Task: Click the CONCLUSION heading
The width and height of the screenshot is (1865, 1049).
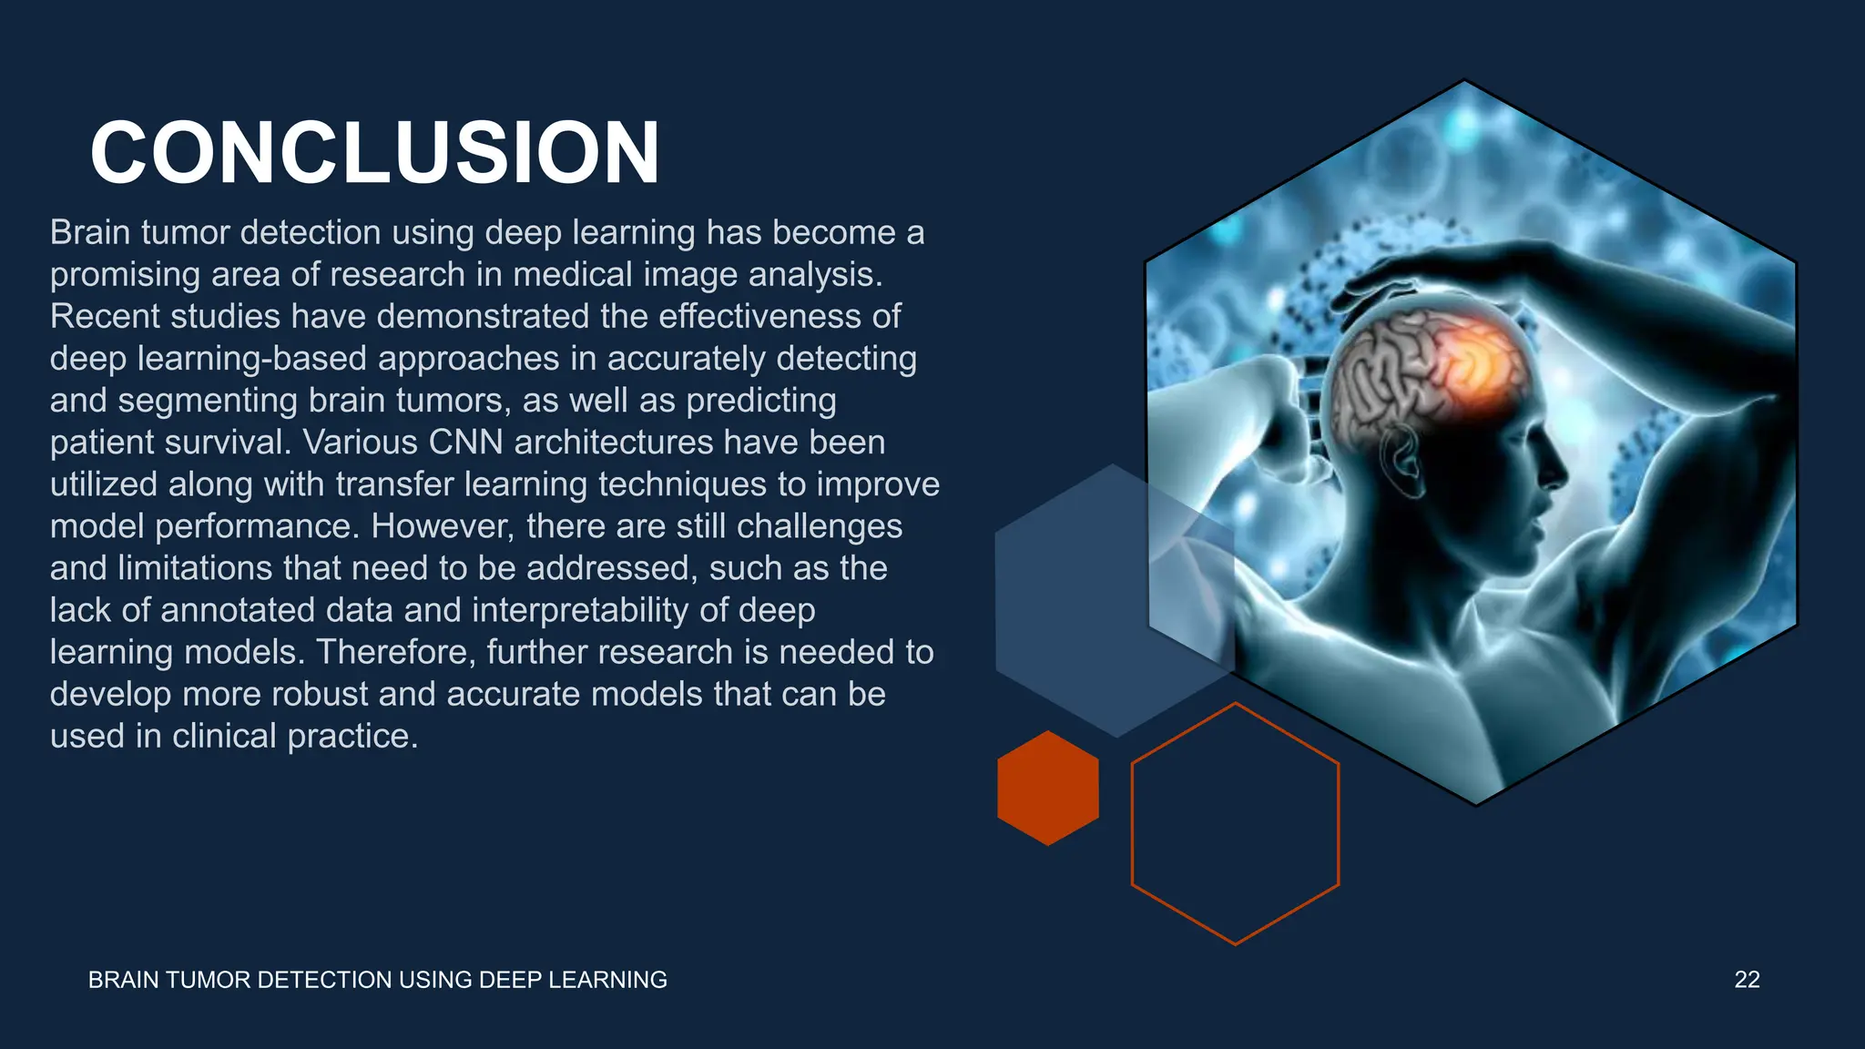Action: [x=374, y=153]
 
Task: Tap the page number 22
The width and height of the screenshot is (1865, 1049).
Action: [x=1747, y=980]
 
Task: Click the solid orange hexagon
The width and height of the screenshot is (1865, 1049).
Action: [x=1048, y=789]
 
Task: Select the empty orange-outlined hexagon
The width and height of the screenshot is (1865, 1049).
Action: [x=1235, y=824]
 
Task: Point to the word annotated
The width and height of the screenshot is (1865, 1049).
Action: [x=238, y=610]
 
